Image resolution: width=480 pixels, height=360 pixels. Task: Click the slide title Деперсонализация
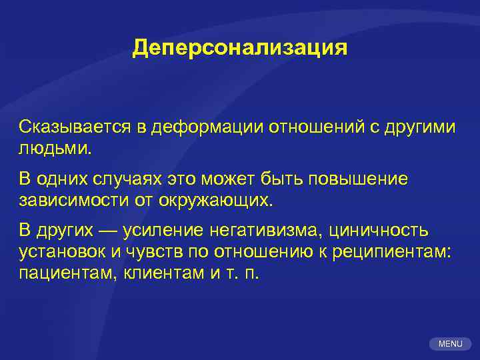(240, 48)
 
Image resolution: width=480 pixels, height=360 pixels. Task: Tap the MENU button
(451, 344)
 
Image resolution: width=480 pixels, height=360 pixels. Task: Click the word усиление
(172, 231)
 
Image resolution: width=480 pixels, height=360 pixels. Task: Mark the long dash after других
(109, 231)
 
